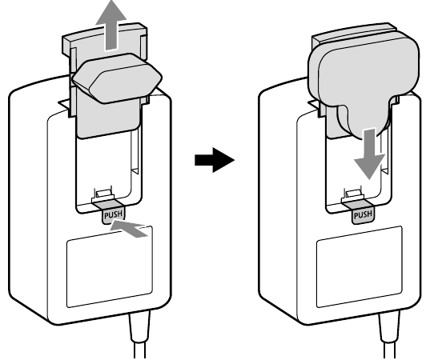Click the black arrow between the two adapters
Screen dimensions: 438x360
coord(215,160)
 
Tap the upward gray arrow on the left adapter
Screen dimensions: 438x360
coord(111,26)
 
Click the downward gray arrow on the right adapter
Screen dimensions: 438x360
coord(370,154)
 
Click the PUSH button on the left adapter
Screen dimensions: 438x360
coord(113,215)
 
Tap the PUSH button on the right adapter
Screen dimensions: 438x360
coord(363,215)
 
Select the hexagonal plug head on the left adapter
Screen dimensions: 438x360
coord(118,78)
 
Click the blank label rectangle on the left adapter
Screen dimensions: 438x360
coord(110,266)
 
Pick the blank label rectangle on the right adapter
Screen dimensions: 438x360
coord(360,266)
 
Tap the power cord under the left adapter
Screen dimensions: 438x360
coord(139,335)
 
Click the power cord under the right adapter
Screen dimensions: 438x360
coord(389,335)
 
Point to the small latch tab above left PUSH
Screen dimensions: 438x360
coord(102,194)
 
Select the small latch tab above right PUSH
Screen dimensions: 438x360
coord(352,194)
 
